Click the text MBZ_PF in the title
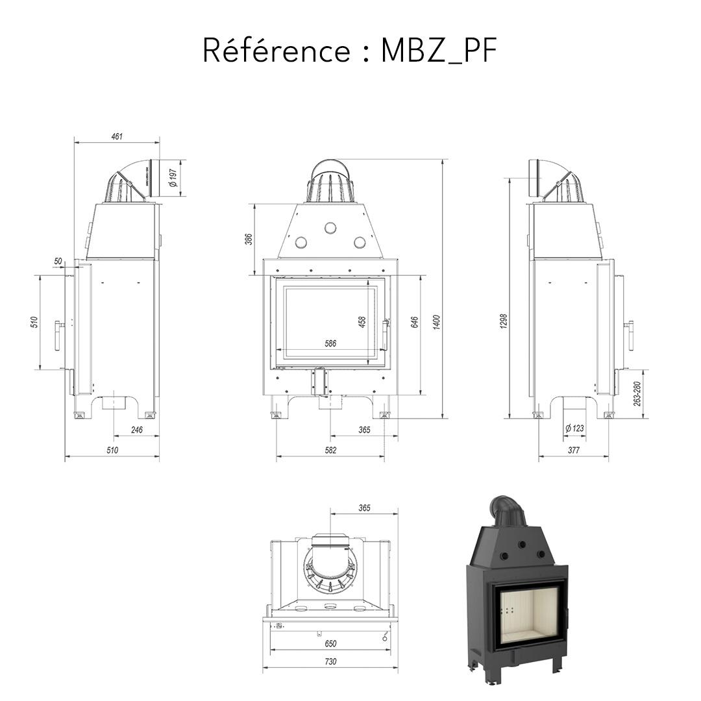(x=439, y=51)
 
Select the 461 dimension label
(x=117, y=136)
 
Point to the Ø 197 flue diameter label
(x=173, y=178)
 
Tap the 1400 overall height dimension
(x=437, y=321)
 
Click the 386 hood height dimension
(x=248, y=240)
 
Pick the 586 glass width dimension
(x=330, y=344)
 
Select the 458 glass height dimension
(x=362, y=321)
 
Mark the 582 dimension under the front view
(x=330, y=450)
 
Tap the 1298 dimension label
(x=504, y=321)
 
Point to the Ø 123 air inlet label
(x=574, y=428)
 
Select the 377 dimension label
(x=574, y=450)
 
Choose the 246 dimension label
(x=136, y=430)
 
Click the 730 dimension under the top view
(x=330, y=662)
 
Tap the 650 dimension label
(x=330, y=643)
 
